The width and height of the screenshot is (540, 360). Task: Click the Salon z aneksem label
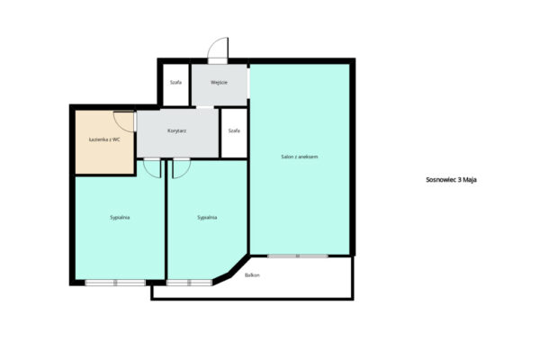coord(300,157)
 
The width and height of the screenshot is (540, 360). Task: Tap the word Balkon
coord(252,275)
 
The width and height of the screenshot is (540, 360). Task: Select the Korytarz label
coord(177,130)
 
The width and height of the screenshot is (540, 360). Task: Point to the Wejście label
coord(219,83)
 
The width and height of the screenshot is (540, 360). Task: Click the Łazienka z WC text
coord(104,139)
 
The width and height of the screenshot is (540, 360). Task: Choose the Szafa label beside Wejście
coord(175,83)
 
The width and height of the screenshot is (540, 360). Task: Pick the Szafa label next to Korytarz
coord(234,130)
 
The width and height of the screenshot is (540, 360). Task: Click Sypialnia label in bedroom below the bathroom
coord(120,218)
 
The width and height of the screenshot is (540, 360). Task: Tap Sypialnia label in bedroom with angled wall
coord(207,218)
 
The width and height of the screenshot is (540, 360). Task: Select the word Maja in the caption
coord(470,180)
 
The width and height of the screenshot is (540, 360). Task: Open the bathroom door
coord(124,121)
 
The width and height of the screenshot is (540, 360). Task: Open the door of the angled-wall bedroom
coord(181,168)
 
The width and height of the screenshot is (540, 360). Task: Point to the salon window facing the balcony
coord(298,256)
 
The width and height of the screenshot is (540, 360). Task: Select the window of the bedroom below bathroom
coord(115,283)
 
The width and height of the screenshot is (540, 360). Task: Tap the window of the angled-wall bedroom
coord(189,283)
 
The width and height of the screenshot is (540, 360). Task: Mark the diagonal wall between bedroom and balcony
coord(231,270)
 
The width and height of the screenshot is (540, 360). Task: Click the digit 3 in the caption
coord(460,180)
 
